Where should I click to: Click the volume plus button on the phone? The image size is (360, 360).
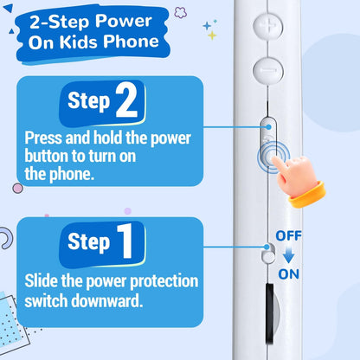pos(268,26)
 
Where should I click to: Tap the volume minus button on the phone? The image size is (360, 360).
pos(268,70)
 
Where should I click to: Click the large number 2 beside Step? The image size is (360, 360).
pos(126,100)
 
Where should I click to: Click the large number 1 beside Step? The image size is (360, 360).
pos(125,241)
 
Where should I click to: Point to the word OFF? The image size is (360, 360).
pos(288,236)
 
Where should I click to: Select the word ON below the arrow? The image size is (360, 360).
pos(288,274)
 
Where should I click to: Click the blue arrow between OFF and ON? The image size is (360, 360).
pos(288,254)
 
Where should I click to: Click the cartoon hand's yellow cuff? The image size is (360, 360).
pos(308,195)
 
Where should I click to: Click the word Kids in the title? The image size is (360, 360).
pos(78,42)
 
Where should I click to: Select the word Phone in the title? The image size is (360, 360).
pos(131,41)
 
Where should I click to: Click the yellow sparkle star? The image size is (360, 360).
pos(212,35)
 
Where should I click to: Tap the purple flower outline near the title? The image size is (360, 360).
pos(181,13)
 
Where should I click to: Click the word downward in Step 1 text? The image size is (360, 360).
pos(107,300)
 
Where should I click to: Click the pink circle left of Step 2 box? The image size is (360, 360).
pos(17,189)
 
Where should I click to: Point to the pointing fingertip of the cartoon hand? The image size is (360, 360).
pos(275,160)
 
